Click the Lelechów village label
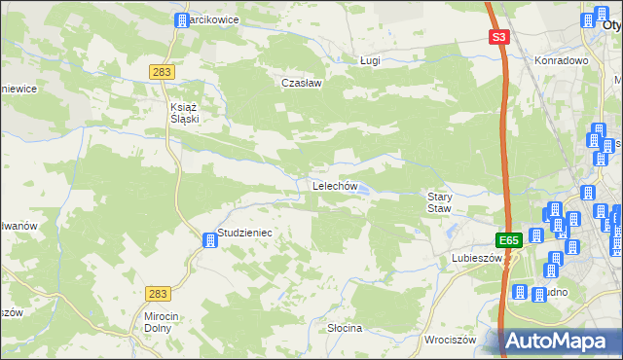click(336, 186)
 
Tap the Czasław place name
click(302, 84)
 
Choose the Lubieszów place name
click(476, 259)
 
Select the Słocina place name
click(345, 328)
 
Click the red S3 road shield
click(498, 37)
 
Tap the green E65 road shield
click(508, 239)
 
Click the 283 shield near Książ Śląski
click(163, 72)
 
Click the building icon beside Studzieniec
click(208, 240)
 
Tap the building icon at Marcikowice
click(180, 19)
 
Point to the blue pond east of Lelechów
click(362, 191)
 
